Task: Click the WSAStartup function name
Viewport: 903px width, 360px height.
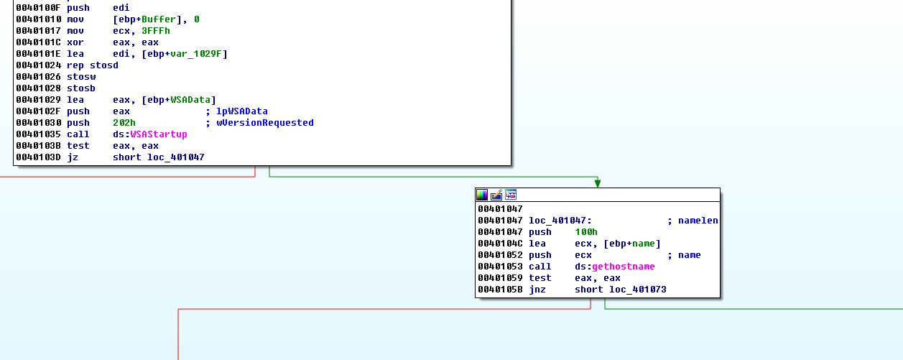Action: [158, 134]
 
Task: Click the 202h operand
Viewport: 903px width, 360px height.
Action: [124, 123]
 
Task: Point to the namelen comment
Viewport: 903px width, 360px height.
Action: [698, 221]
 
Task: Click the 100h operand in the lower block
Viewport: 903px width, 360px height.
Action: [586, 232]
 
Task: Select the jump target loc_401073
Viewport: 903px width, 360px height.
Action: [637, 290]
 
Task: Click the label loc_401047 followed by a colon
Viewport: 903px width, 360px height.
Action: [560, 221]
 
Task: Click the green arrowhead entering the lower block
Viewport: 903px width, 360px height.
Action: [597, 183]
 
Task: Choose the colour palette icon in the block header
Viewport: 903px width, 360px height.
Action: [482, 195]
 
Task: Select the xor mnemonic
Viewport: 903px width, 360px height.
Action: [75, 42]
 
